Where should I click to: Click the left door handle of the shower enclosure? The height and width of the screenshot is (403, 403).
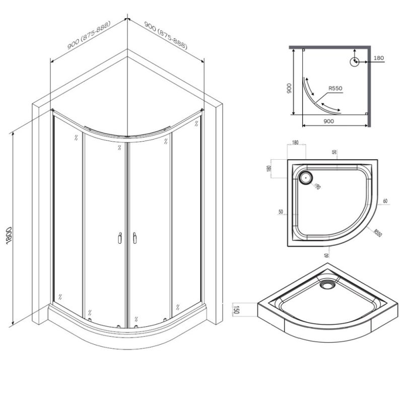tap(119, 237)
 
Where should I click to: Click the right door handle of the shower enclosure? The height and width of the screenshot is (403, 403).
tap(135, 237)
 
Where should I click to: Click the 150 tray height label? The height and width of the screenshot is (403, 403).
tap(235, 308)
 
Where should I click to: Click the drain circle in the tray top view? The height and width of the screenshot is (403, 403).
tap(306, 177)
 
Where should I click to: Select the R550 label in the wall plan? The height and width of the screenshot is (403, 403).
tap(335, 89)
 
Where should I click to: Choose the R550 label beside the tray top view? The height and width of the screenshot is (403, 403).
tap(378, 233)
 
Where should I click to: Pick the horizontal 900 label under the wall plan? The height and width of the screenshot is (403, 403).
tap(328, 121)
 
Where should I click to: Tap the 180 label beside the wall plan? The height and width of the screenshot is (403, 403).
tap(379, 58)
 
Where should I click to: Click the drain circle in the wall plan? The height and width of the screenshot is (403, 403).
tap(355, 61)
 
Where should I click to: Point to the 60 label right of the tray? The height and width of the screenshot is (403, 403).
tap(385, 201)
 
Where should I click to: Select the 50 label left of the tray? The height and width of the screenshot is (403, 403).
tap(280, 212)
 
